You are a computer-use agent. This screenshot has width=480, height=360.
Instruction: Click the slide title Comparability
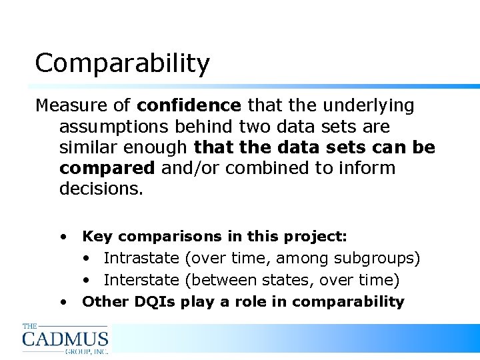(122, 64)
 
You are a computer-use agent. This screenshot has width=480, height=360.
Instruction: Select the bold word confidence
(189, 105)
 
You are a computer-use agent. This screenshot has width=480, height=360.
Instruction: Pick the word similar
(87, 147)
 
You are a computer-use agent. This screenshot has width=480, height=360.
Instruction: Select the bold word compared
(107, 168)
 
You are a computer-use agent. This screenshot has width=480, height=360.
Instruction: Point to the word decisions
(101, 189)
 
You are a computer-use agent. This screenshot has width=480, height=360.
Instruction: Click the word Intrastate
(141, 258)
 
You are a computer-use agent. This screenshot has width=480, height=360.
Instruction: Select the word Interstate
(141, 280)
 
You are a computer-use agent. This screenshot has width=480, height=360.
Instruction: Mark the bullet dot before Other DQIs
(63, 301)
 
